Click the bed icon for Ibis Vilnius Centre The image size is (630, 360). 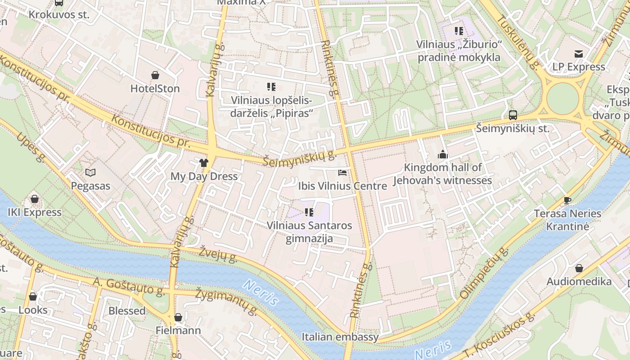coord(342,172)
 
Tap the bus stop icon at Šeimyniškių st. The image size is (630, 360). coord(513,115)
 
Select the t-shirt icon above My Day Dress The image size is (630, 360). coord(204,162)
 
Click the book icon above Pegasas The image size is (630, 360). coord(90,172)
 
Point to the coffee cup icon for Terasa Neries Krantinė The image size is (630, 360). coord(567,200)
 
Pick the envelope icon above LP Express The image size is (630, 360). coord(579,54)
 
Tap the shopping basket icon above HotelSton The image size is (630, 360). coord(155,75)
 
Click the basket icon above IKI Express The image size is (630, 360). coord(35,199)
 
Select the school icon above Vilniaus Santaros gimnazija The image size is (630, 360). coord(309,212)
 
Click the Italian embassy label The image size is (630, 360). coord(340,337)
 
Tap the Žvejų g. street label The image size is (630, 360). coord(218,254)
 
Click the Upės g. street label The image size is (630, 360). coord(31,148)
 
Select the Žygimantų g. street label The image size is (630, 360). coord(226,301)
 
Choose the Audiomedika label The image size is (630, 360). coord(579,282)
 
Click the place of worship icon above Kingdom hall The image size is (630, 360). coord(443,155)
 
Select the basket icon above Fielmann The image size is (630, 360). coord(178,317)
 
